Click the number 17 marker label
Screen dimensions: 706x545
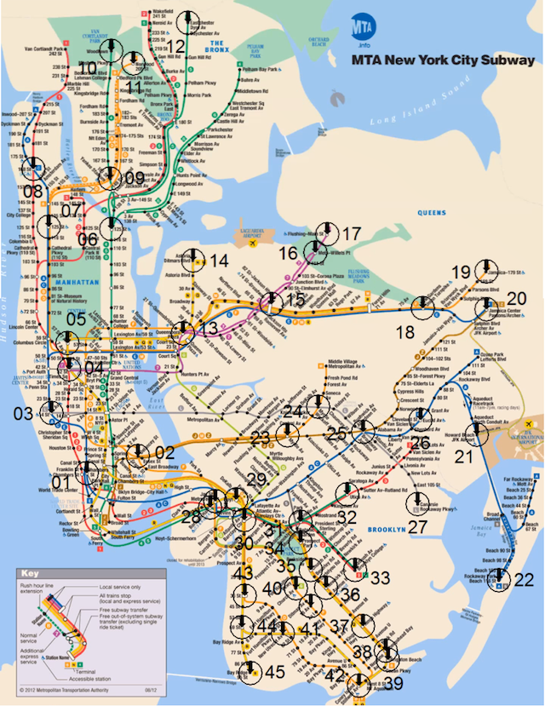tap(351, 232)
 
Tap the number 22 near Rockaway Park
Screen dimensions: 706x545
tap(524, 579)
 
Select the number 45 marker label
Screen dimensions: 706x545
tap(274, 672)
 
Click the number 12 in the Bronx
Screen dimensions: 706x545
tap(175, 47)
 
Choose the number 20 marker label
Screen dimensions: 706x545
tap(517, 299)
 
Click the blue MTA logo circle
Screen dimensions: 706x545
tap(358, 29)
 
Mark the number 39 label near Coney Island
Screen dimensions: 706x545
tap(394, 684)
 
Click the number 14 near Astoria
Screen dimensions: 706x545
tap(219, 261)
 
